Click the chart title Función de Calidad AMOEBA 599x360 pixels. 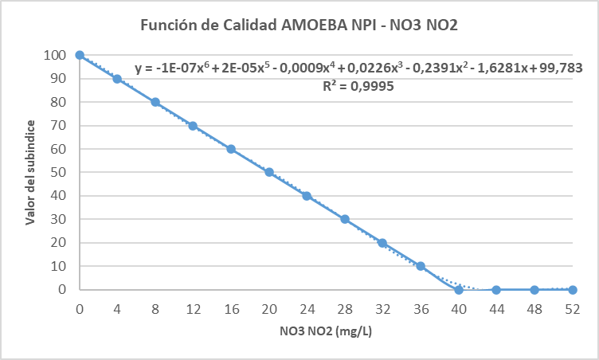pyautogui.click(x=299, y=25)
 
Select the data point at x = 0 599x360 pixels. pyautogui.click(x=80, y=55)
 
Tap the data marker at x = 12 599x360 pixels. pyautogui.click(x=193, y=126)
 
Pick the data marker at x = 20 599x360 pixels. pyautogui.click(x=269, y=172)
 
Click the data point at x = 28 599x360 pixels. pyautogui.click(x=345, y=219)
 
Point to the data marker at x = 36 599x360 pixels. pyautogui.click(x=421, y=266)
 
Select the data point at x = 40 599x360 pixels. pyautogui.click(x=459, y=290)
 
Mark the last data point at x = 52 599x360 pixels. pyautogui.click(x=573, y=290)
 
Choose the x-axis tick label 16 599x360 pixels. pyautogui.click(x=231, y=308)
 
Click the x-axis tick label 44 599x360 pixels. pyautogui.click(x=496, y=308)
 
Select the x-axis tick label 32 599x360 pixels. pyautogui.click(x=382, y=308)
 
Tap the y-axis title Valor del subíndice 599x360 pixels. pyautogui.click(x=29, y=173)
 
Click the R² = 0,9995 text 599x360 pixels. pyautogui.click(x=359, y=85)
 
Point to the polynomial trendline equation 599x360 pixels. pyautogui.click(x=359, y=68)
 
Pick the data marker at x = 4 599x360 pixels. pyautogui.click(x=117, y=79)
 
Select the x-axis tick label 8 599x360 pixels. pyautogui.click(x=155, y=308)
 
